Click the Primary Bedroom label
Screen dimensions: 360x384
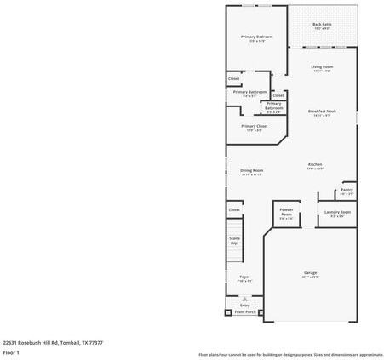pyautogui.click(x=256, y=37)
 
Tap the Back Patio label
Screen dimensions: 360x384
pyautogui.click(x=322, y=25)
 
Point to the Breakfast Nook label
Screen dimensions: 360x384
pyautogui.click(x=322, y=112)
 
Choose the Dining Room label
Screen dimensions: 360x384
pyautogui.click(x=251, y=171)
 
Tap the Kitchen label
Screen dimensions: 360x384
pyautogui.click(x=315, y=165)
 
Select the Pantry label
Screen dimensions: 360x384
pyautogui.click(x=347, y=191)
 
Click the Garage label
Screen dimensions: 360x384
pyautogui.click(x=310, y=274)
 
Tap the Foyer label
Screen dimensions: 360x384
pyautogui.click(x=244, y=278)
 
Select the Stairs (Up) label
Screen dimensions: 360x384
pyautogui.click(x=234, y=241)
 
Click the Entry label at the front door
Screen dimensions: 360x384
pyautogui.click(x=244, y=305)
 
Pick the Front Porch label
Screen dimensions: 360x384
pyautogui.click(x=245, y=312)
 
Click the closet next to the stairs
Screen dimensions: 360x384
pyautogui.click(x=234, y=209)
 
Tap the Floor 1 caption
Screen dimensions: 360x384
pyautogui.click(x=11, y=352)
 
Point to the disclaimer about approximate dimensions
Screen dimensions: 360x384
pyautogui.click(x=290, y=354)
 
